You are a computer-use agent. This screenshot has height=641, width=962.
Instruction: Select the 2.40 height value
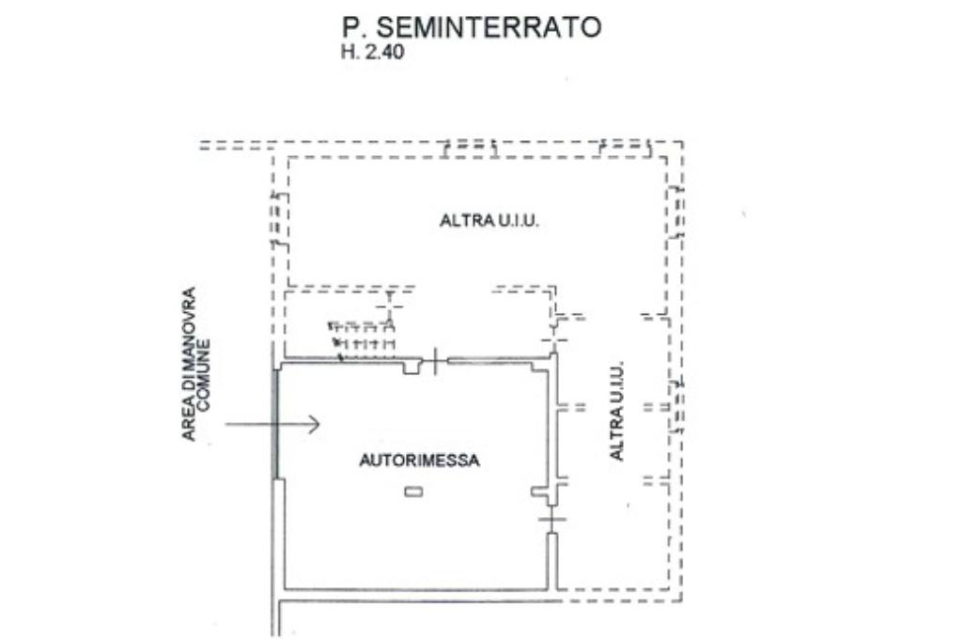pos(384,54)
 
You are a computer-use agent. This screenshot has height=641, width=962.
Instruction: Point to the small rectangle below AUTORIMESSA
pos(412,492)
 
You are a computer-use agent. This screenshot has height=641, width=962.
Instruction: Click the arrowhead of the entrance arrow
pos(314,425)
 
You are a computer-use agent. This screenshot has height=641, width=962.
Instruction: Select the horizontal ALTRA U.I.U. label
pos(489,222)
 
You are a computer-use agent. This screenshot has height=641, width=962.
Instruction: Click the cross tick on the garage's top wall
pos(435,361)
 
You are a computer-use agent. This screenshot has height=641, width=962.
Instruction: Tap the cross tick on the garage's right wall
pos(552,519)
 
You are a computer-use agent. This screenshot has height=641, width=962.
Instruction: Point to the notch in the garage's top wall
pos(411,367)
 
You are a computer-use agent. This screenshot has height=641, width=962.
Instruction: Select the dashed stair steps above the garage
pos(361,336)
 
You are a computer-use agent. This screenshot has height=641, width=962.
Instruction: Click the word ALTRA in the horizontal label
pos(461,222)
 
